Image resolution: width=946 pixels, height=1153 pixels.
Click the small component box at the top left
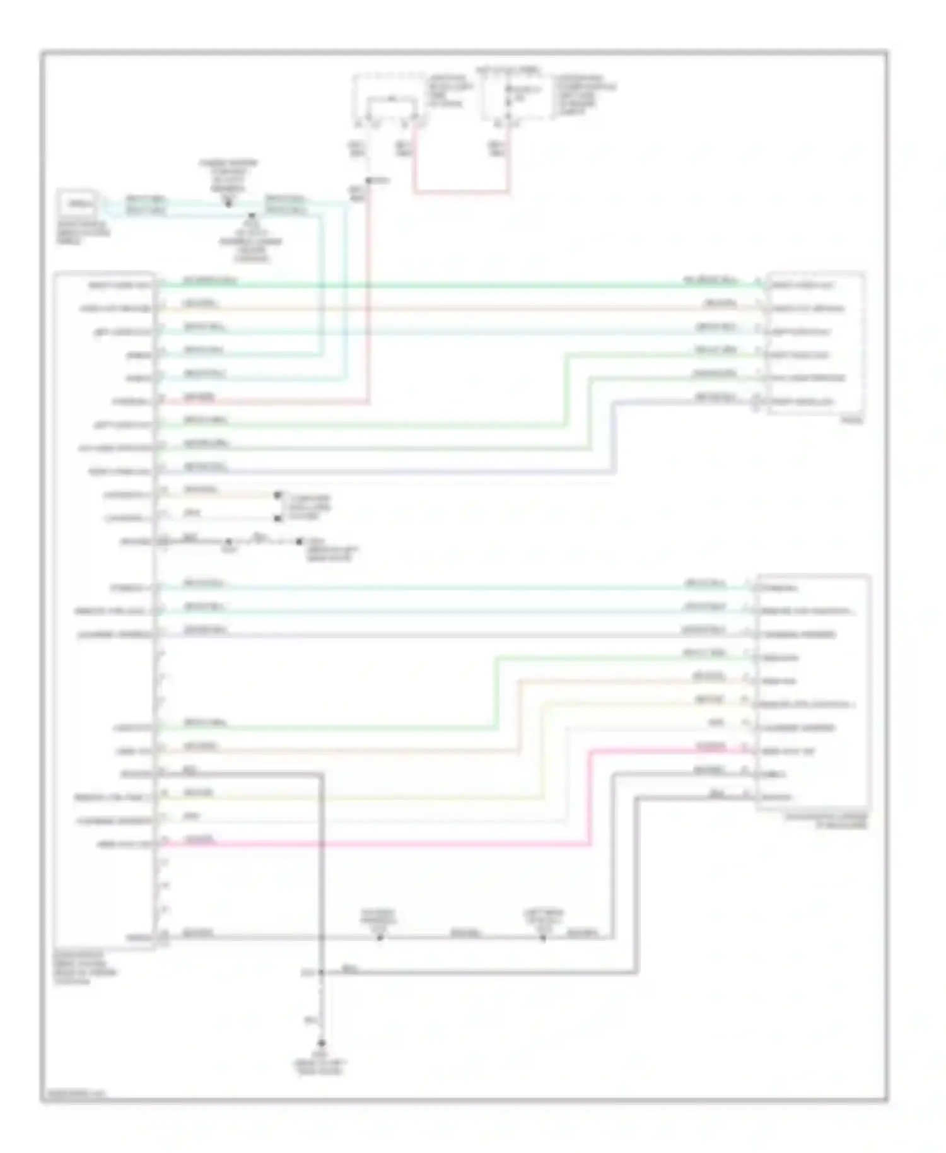point(77,204)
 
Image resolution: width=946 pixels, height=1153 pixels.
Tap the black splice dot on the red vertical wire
point(369,181)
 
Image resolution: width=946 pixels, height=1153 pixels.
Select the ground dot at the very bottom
point(321,1043)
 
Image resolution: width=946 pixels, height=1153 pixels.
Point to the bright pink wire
point(378,844)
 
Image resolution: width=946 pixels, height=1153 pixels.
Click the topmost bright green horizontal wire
point(441,285)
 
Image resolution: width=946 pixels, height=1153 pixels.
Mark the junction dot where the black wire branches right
point(321,973)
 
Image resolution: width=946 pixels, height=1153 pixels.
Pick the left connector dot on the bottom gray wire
point(380,938)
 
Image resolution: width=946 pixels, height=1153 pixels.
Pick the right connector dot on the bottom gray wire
point(543,938)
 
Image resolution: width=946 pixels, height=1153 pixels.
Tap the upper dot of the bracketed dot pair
point(277,496)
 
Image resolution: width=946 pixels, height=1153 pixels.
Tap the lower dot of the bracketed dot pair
point(277,518)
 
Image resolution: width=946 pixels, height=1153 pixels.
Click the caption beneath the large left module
point(85,968)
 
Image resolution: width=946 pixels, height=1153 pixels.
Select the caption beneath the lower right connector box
point(826,821)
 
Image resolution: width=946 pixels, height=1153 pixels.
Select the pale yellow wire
point(378,798)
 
